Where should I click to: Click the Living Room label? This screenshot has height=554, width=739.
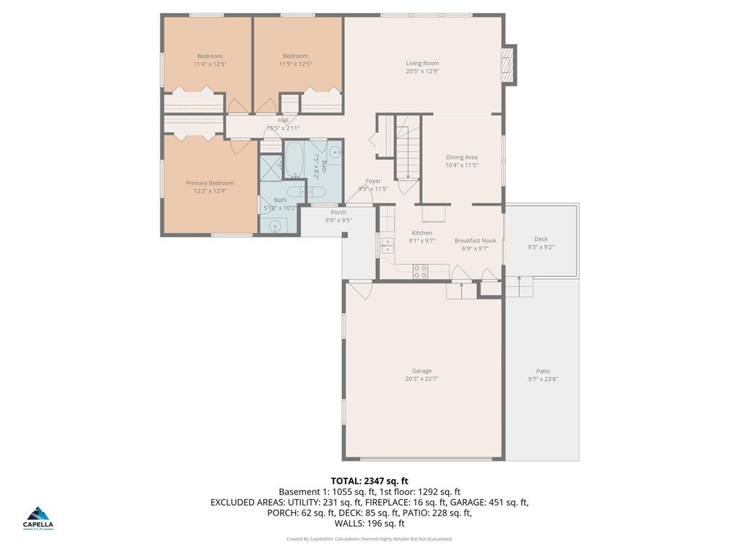[x=422, y=63]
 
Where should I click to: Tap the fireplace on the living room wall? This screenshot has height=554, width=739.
[x=510, y=65]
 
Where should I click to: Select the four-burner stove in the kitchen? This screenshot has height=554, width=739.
[x=421, y=271]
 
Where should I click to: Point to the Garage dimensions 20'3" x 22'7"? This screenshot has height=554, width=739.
[x=422, y=379]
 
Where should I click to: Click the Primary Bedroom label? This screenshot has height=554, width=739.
[x=210, y=183]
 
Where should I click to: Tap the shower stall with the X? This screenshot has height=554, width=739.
[x=272, y=164]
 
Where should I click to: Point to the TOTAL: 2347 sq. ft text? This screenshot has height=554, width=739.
[x=369, y=480]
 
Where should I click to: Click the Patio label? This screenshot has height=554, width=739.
[x=543, y=371]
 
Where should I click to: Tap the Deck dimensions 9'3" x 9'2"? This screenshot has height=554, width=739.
[x=541, y=247]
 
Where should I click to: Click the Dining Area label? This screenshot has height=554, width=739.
[x=462, y=157]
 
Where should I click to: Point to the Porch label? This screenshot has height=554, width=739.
[x=338, y=212]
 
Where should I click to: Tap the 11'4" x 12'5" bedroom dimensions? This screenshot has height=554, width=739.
[x=210, y=64]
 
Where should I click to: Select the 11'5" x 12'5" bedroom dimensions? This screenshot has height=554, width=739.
[x=295, y=64]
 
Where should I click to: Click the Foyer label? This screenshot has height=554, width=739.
[x=373, y=181]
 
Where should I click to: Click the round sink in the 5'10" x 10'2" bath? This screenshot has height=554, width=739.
[x=276, y=225]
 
